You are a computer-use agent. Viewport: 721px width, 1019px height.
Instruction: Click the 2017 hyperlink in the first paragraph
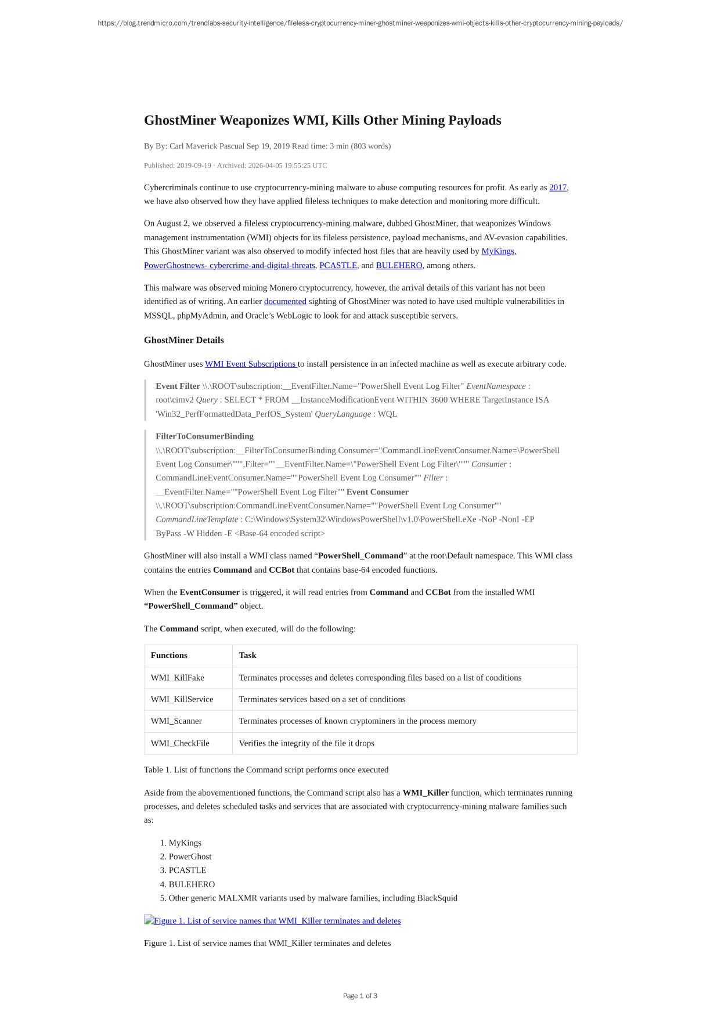(557, 187)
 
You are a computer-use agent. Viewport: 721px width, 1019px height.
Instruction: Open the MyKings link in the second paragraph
(498, 251)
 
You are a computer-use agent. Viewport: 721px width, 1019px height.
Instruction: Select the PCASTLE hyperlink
(338, 265)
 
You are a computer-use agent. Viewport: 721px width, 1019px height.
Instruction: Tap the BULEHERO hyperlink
(399, 265)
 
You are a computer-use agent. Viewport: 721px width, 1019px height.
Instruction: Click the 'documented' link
(285, 301)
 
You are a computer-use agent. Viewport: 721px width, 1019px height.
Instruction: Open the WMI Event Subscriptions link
(251, 364)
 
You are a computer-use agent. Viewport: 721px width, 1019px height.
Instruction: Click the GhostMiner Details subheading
(183, 340)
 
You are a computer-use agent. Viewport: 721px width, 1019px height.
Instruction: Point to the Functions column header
(169, 655)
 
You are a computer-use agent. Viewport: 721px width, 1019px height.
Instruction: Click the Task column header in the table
(247, 655)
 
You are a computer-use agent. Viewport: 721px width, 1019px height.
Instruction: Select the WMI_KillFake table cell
(177, 678)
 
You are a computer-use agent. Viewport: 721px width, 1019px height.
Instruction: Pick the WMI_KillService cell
(182, 699)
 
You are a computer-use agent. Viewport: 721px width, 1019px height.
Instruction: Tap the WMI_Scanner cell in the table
(176, 721)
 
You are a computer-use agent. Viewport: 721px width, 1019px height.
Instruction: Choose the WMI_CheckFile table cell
(180, 743)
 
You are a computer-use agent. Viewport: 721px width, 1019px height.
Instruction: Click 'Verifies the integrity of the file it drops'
(307, 743)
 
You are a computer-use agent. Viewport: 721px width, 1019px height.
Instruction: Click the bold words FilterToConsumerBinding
(204, 436)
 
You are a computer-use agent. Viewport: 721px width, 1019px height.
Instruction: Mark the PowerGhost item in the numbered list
(190, 857)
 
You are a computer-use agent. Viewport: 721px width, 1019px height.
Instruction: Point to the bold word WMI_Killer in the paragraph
(425, 793)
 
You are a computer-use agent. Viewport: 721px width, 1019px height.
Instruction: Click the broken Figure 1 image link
(272, 921)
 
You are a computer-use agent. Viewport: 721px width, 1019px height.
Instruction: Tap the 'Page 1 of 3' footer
(360, 996)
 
